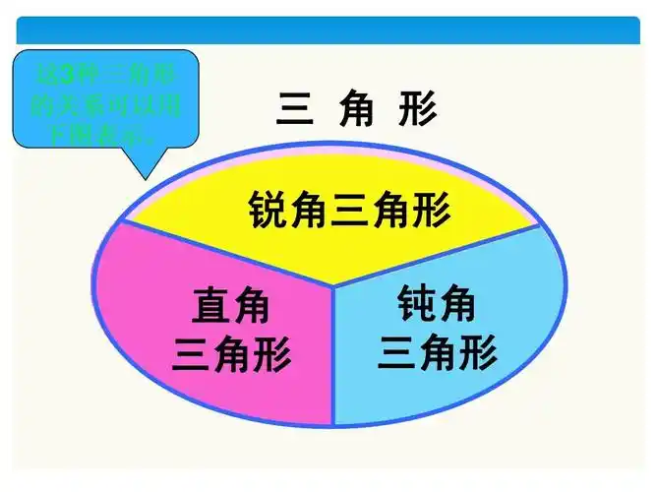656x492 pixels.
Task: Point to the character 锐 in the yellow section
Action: click(x=267, y=210)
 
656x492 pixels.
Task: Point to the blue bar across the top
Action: click(x=327, y=30)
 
